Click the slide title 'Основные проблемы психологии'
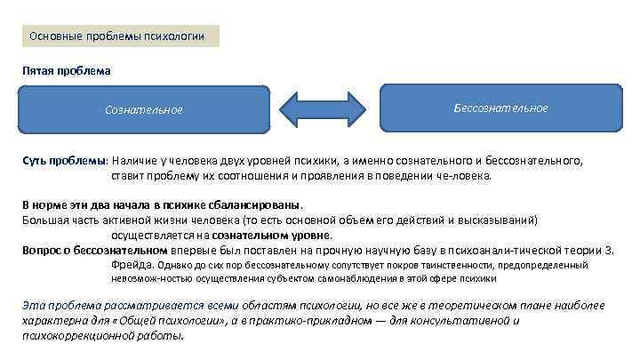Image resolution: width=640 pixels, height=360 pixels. (x=117, y=36)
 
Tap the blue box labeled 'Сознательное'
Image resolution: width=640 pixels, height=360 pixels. (x=143, y=110)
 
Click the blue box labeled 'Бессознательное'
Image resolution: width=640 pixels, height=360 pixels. (x=500, y=108)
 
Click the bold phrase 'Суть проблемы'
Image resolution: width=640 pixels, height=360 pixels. (x=64, y=161)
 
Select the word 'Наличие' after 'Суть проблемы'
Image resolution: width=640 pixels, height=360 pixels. (x=133, y=161)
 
